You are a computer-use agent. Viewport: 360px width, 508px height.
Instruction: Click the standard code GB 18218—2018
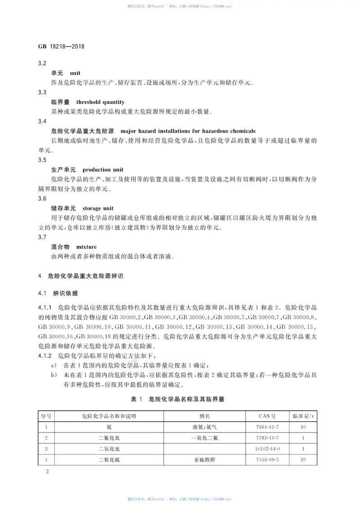point(62,46)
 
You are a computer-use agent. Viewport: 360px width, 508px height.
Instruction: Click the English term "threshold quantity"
point(100,102)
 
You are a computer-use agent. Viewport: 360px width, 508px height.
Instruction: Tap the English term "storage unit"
point(99,209)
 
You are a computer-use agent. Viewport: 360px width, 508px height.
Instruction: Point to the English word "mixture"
point(86,247)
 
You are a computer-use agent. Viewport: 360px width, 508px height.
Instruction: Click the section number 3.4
point(43,121)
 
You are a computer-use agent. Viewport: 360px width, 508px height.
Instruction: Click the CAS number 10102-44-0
point(267,449)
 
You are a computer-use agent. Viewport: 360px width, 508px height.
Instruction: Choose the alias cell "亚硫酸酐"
point(205,460)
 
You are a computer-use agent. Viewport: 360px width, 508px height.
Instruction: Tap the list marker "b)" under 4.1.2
point(54,374)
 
